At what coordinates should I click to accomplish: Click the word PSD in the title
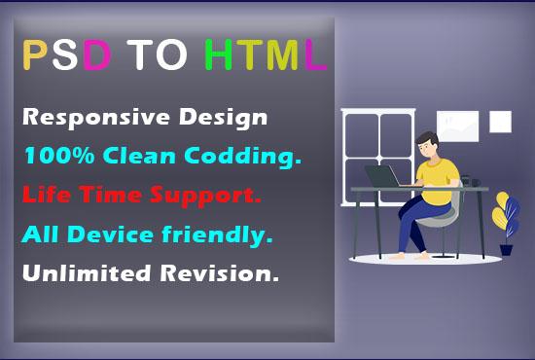65,55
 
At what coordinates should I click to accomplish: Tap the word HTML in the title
265,55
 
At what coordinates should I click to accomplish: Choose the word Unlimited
83,274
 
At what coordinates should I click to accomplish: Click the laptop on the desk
382,177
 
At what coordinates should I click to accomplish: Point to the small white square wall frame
500,122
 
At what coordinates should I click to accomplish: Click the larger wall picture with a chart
457,125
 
